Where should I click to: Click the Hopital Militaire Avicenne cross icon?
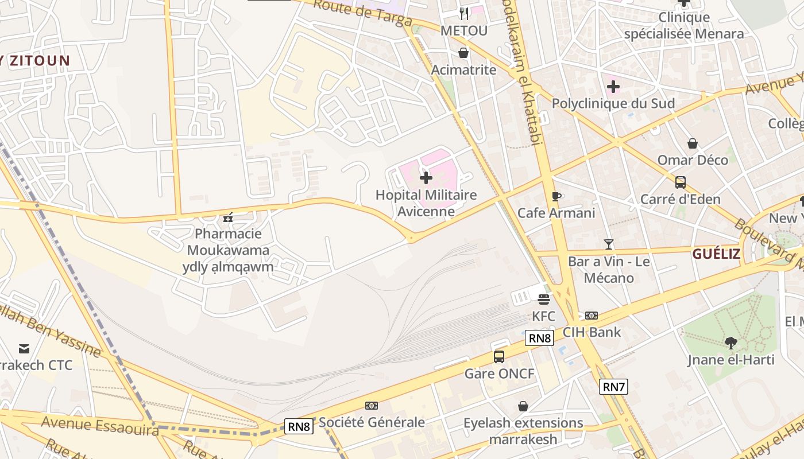(426, 178)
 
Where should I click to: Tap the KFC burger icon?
(544, 299)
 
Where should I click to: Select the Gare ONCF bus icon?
(499, 357)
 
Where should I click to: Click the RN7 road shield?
(613, 387)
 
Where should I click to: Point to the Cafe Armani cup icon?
(556, 196)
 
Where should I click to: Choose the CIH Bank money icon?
(592, 316)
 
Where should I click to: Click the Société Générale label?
(372, 422)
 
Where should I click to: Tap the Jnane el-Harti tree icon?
(731, 343)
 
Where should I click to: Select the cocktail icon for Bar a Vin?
(609, 244)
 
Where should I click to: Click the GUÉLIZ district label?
(716, 254)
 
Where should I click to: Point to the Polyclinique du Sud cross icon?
(613, 87)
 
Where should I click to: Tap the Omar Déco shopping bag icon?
(693, 143)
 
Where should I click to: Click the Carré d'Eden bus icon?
(681, 182)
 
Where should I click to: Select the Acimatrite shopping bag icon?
(463, 53)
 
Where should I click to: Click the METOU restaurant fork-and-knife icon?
(464, 13)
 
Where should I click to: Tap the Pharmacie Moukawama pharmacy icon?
(228, 217)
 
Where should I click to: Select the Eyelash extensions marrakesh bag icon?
(523, 406)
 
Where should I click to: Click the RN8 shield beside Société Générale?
(299, 426)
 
